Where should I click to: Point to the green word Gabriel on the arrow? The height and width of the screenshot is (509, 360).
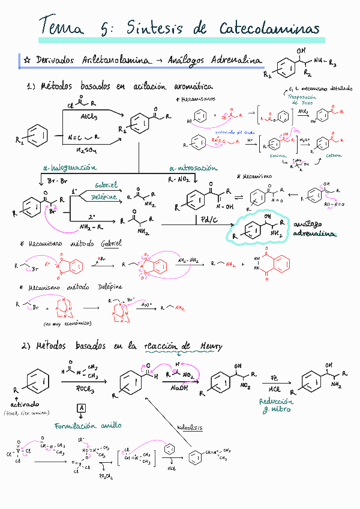106,185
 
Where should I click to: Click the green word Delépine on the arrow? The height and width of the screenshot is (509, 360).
106,197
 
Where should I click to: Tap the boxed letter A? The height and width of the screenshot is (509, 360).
81,408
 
